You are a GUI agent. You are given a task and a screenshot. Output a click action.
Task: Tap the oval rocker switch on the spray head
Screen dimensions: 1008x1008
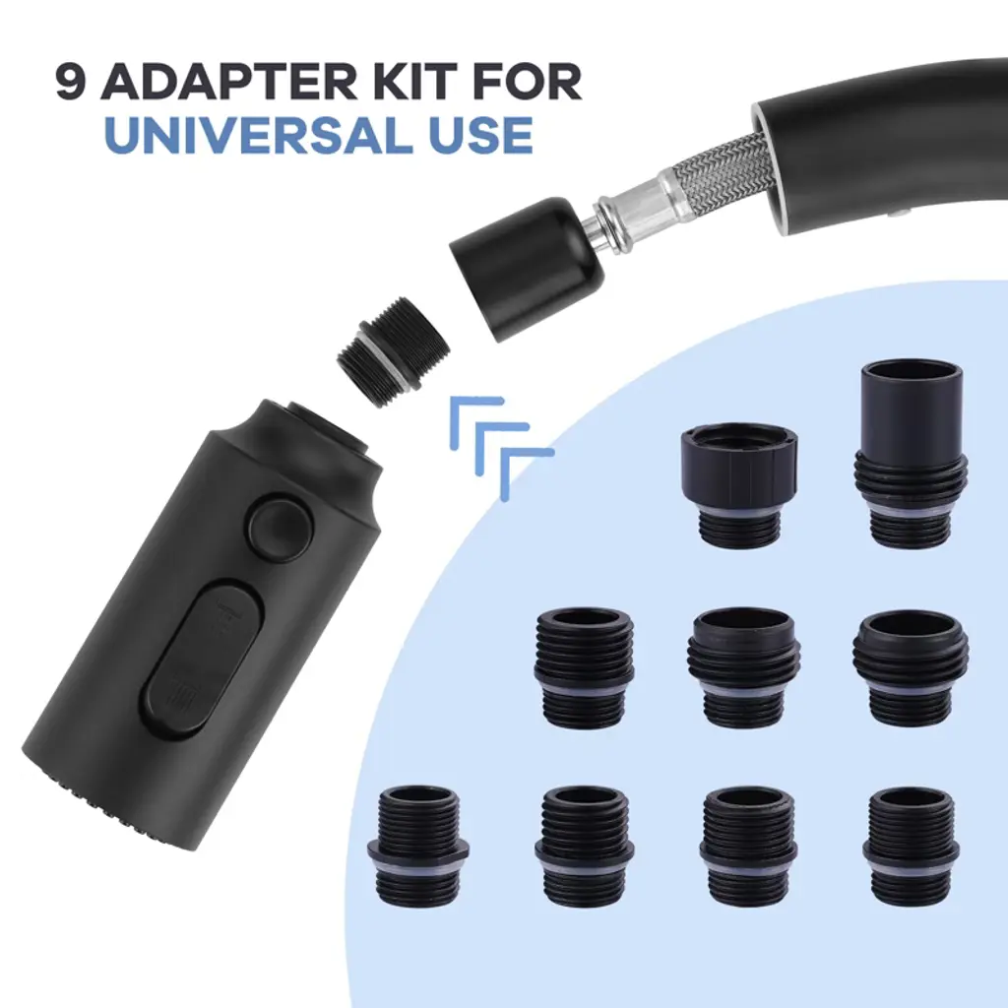pos(205,656)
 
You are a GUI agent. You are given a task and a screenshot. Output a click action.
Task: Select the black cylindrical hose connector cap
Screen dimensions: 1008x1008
pos(528,268)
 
